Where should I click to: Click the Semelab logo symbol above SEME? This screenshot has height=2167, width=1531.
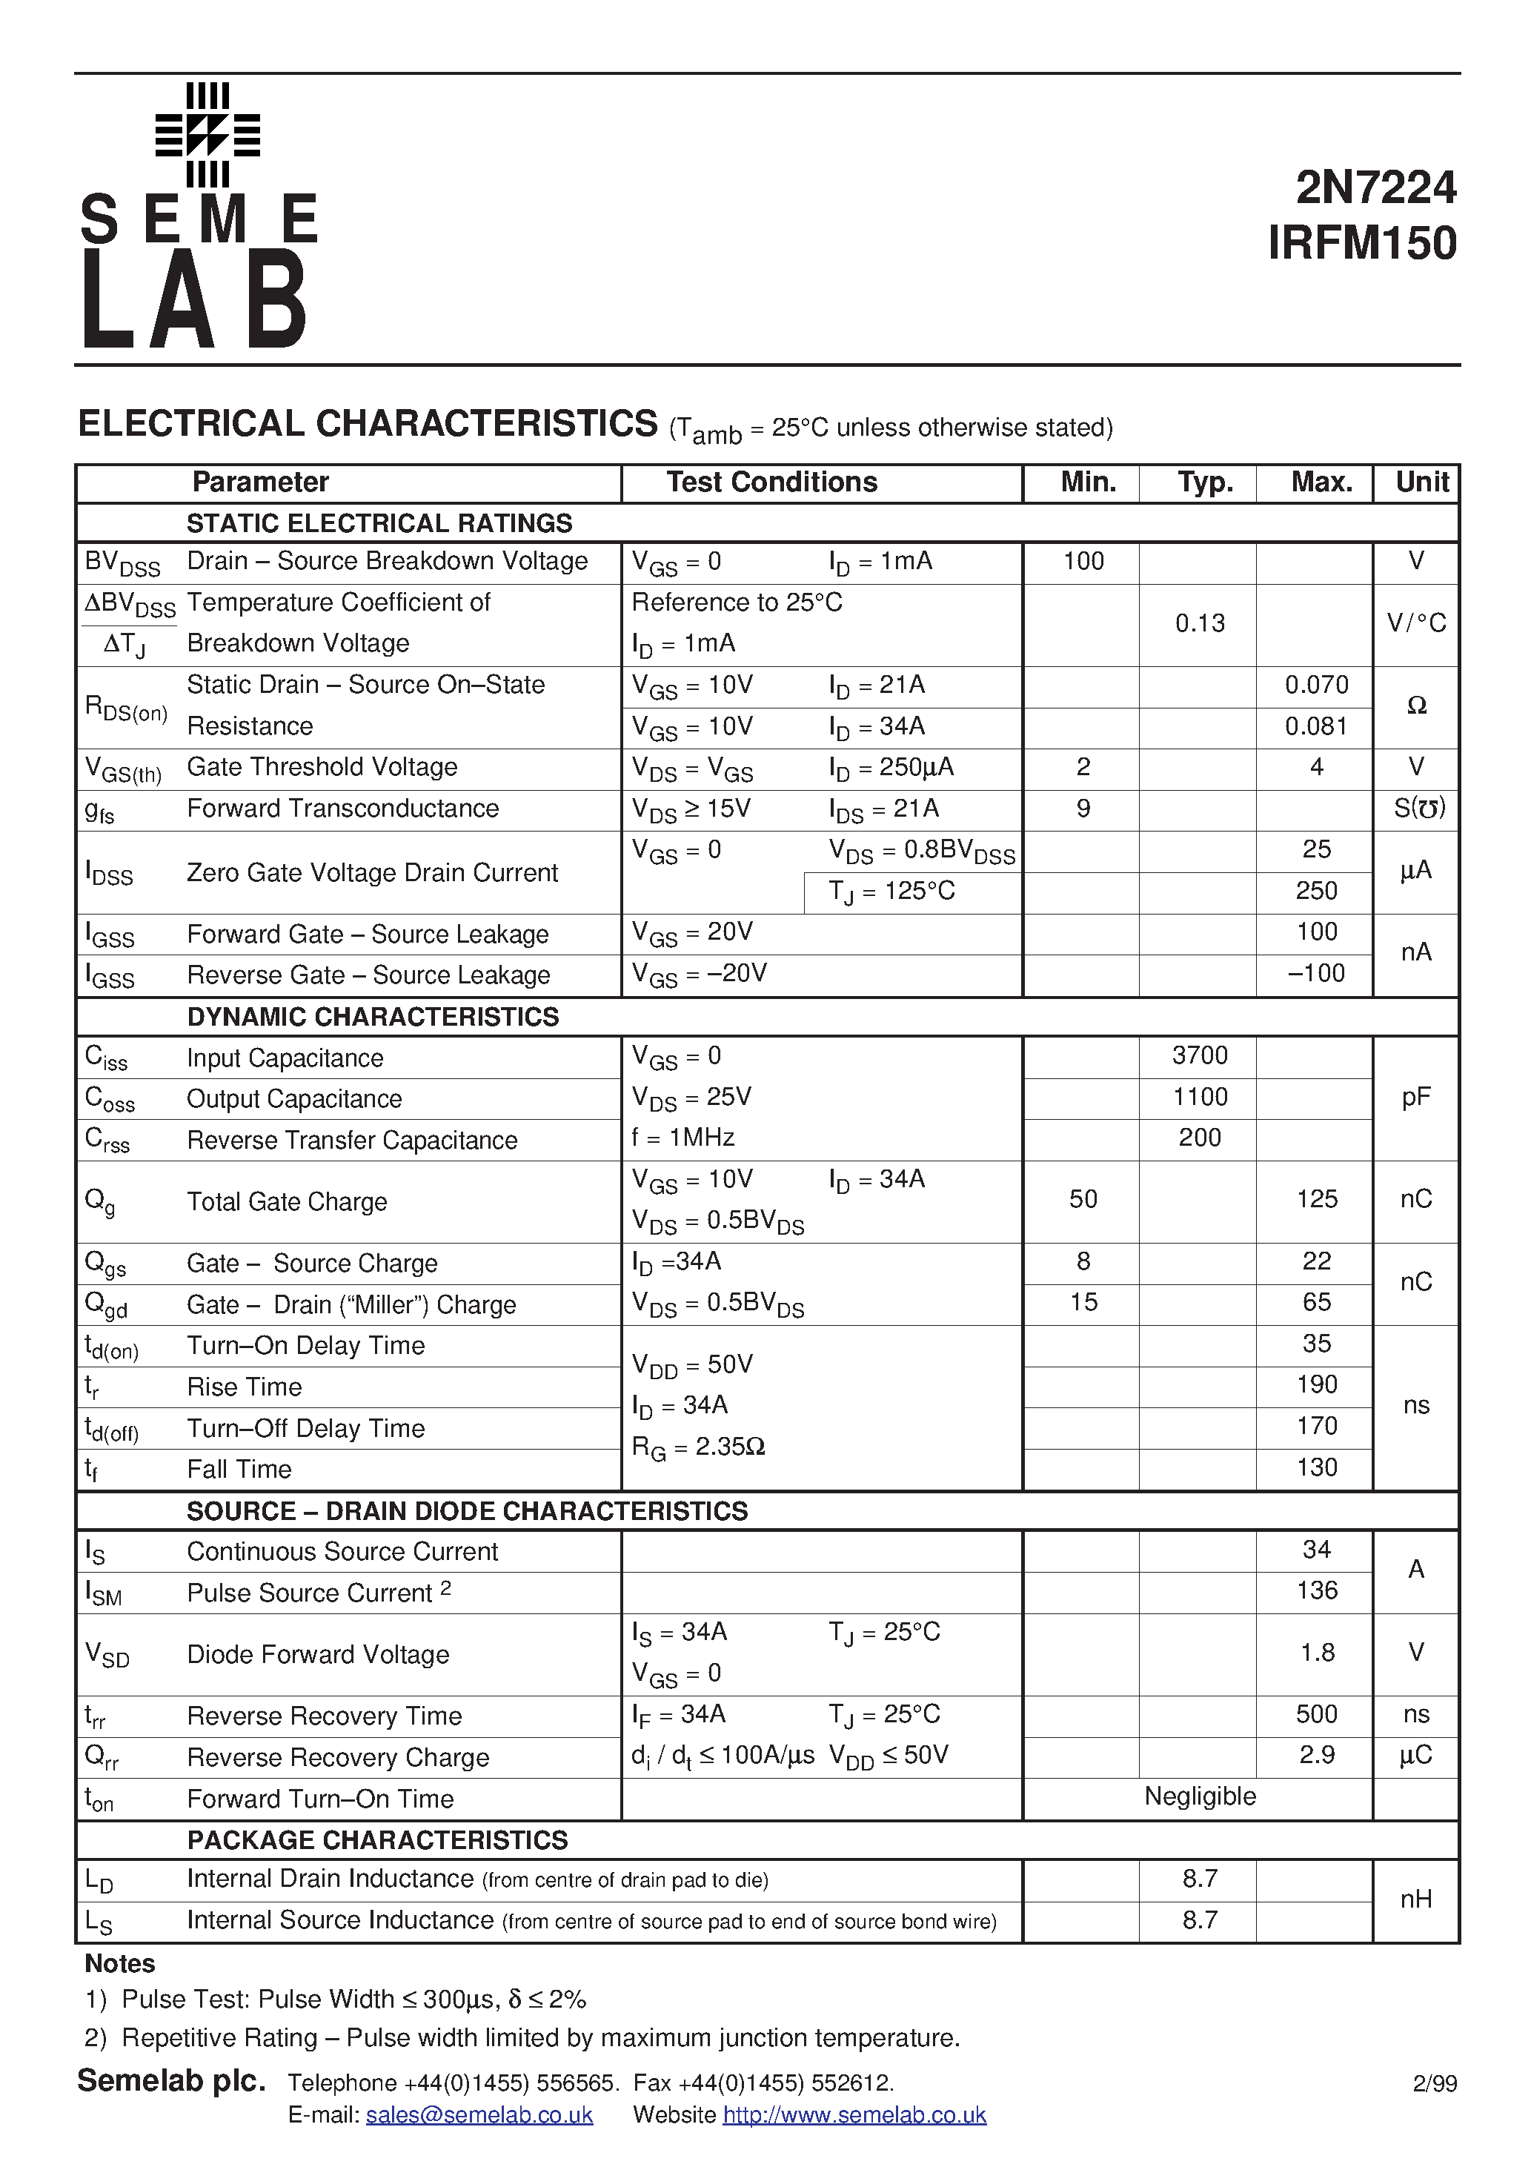[207, 135]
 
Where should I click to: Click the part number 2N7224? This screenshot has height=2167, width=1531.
[1375, 188]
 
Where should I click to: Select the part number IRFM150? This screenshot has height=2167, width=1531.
[1362, 244]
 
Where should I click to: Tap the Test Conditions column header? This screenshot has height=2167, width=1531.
[771, 482]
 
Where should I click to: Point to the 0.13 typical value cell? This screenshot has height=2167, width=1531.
[1200, 623]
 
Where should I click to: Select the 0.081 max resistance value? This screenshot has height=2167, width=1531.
[1316, 726]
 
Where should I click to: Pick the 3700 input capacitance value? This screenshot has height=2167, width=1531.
[1200, 1055]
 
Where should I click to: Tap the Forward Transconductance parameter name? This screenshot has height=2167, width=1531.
[342, 808]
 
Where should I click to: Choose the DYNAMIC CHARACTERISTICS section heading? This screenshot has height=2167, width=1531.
[373, 1017]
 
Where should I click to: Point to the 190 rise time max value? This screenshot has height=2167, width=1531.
[1316, 1384]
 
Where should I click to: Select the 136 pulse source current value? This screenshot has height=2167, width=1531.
[1316, 1590]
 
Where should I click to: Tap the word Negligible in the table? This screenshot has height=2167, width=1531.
[1200, 1796]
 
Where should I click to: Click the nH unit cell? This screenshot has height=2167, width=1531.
[1416, 1899]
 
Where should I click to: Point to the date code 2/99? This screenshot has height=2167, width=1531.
[1435, 2083]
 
